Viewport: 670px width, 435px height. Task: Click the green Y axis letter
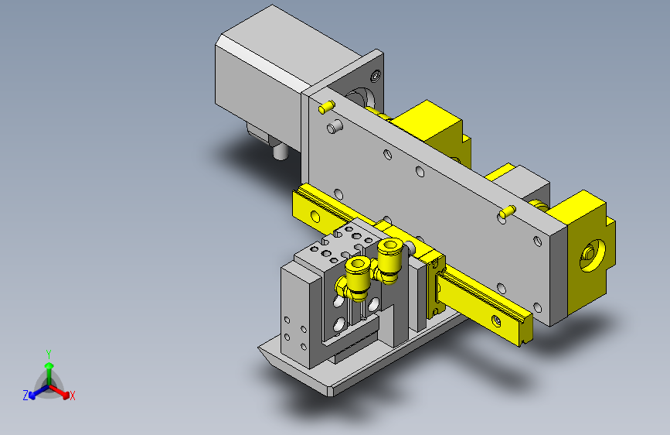tap(49, 354)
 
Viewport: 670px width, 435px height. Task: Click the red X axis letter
tap(73, 396)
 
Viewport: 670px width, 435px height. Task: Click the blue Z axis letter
tap(26, 396)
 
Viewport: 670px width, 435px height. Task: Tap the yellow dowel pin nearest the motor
tap(327, 107)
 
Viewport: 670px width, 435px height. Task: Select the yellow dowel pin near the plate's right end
tap(508, 212)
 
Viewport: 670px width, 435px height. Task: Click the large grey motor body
tap(260, 73)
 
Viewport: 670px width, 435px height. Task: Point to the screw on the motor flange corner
tap(376, 76)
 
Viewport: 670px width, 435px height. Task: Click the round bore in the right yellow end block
tap(592, 255)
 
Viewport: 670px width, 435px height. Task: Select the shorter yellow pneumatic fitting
tap(354, 279)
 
